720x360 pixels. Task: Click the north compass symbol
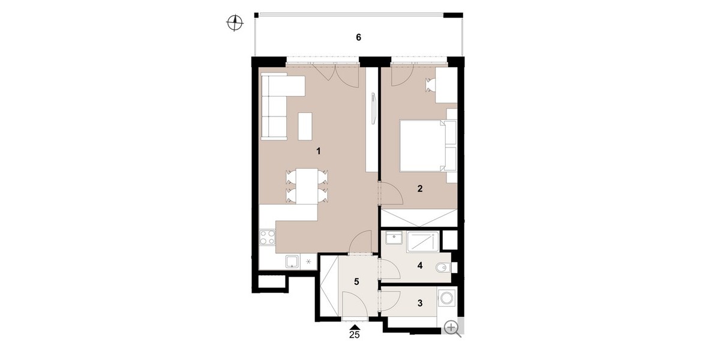click(x=235, y=23)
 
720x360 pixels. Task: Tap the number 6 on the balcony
click(x=358, y=38)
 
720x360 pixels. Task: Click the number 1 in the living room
click(x=318, y=151)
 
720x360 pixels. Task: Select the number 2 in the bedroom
click(x=420, y=188)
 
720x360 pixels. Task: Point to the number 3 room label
click(x=420, y=303)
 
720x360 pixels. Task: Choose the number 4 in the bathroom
click(x=420, y=265)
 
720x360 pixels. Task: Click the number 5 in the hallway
click(x=356, y=282)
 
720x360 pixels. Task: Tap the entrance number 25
click(x=354, y=335)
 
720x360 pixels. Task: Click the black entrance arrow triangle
click(x=355, y=327)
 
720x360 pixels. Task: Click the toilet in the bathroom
click(x=444, y=267)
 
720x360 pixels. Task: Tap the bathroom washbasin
click(x=394, y=239)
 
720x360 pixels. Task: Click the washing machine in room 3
click(x=446, y=298)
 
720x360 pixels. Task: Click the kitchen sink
click(x=67, y=262)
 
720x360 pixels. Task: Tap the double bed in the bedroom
click(x=428, y=145)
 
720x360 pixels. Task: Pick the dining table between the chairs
click(x=307, y=186)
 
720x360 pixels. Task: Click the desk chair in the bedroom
click(x=430, y=85)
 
